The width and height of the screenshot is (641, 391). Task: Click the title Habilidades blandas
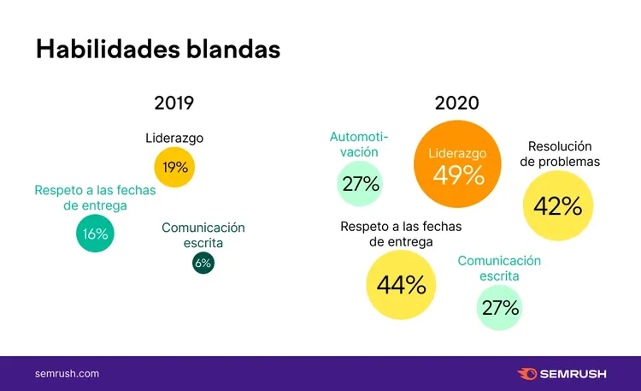tap(158, 49)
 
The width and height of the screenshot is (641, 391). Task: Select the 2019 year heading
tap(174, 103)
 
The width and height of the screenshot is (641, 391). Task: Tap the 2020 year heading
tap(456, 103)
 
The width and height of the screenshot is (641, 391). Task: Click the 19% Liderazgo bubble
tap(174, 167)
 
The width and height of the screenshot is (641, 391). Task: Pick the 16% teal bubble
tap(95, 234)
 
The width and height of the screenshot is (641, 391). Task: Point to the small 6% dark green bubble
tap(203, 263)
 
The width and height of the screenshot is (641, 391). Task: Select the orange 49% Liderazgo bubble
tap(457, 163)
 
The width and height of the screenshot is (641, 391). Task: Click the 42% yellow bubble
tap(558, 205)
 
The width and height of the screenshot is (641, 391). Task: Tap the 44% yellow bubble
tap(401, 285)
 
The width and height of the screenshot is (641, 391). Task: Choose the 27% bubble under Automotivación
tap(360, 183)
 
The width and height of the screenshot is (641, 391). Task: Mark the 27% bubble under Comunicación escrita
tap(500, 307)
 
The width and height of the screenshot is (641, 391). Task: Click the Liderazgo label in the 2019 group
tap(174, 138)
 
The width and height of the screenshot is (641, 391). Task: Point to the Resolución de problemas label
tap(560, 154)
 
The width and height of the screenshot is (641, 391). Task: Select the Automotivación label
tap(359, 144)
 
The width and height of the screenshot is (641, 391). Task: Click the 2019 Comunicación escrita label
tap(203, 235)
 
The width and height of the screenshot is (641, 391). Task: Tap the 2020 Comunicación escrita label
tap(499, 268)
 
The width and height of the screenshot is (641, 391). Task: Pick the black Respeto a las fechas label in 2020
tap(401, 234)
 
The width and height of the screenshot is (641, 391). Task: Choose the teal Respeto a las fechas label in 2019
tap(95, 198)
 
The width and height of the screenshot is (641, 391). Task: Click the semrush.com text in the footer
tap(67, 373)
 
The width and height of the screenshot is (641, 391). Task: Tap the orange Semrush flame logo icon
tap(527, 374)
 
